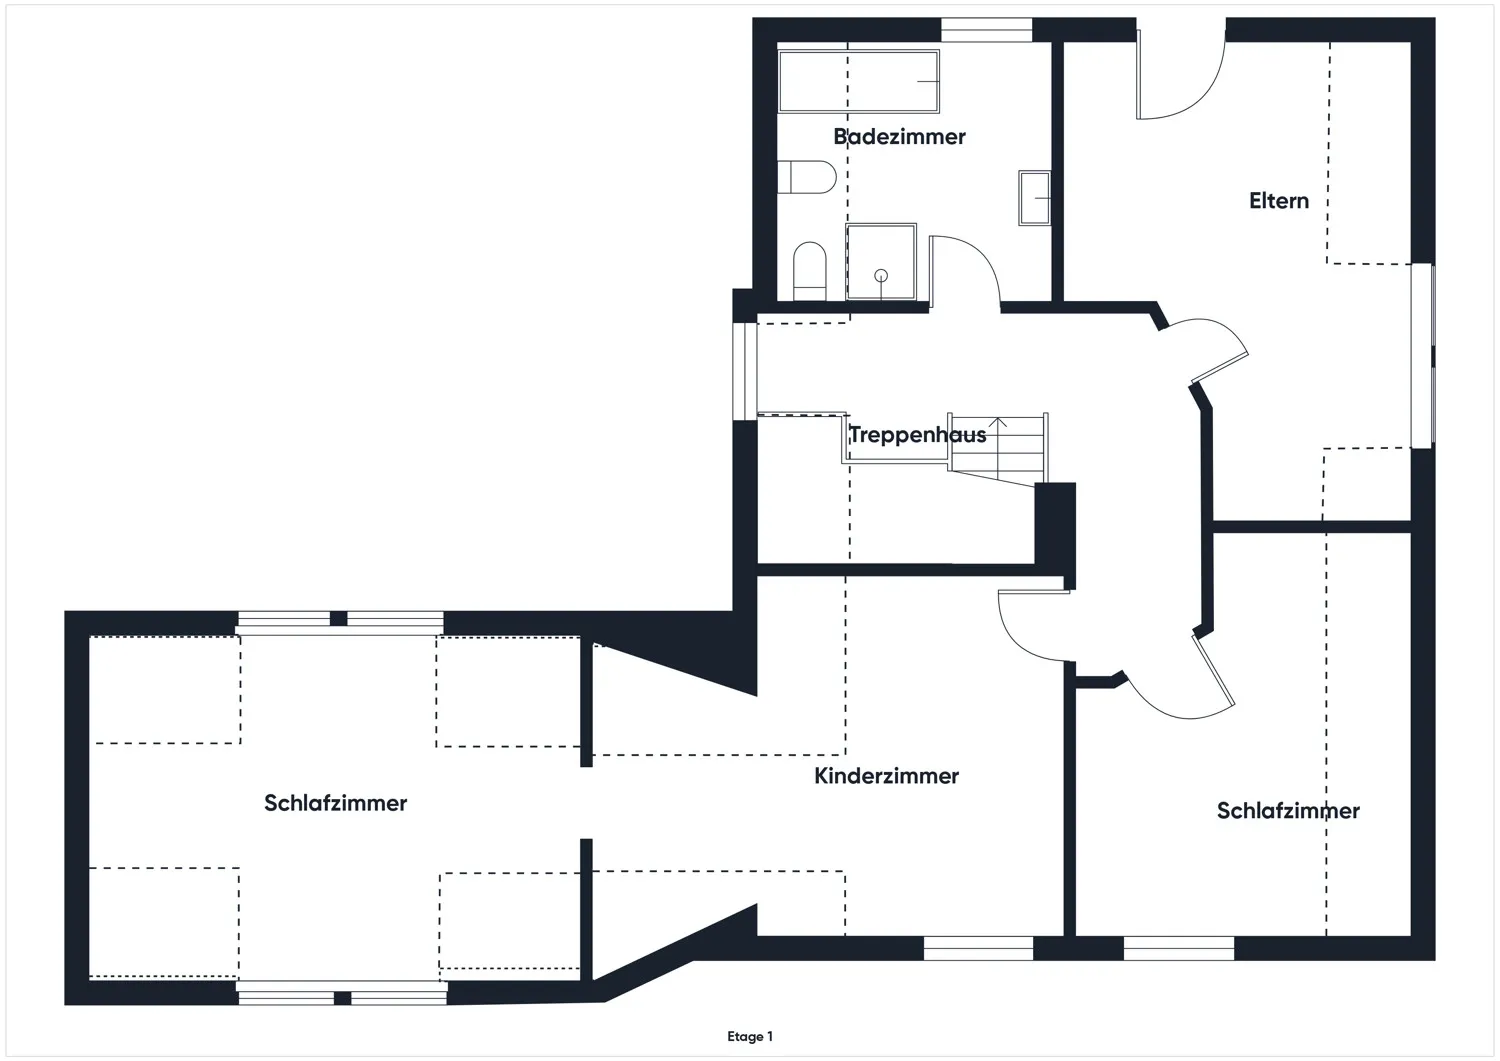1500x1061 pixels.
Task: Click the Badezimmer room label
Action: tap(899, 137)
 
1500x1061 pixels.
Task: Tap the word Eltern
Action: tap(1278, 201)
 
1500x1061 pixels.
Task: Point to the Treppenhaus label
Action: tap(917, 435)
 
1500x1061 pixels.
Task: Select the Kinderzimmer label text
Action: tap(886, 776)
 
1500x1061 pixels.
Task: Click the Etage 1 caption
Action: tap(749, 1036)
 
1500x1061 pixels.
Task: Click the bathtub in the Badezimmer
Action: tap(858, 82)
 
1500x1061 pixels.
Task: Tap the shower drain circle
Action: tap(881, 275)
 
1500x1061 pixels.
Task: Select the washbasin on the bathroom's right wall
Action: tap(1034, 198)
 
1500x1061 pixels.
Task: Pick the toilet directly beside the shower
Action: tap(810, 271)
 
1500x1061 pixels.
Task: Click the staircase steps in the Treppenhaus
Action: tap(998, 447)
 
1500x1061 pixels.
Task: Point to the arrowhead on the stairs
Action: tap(998, 422)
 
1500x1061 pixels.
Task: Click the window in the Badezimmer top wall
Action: tap(986, 29)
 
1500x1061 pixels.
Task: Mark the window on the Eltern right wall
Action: tap(1422, 355)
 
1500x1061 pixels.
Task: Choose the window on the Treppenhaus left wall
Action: tap(745, 372)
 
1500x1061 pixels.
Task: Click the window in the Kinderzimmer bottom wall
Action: tap(978, 948)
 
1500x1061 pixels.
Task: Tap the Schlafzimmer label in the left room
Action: tap(335, 802)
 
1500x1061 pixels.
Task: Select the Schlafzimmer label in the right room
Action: tap(1288, 810)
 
